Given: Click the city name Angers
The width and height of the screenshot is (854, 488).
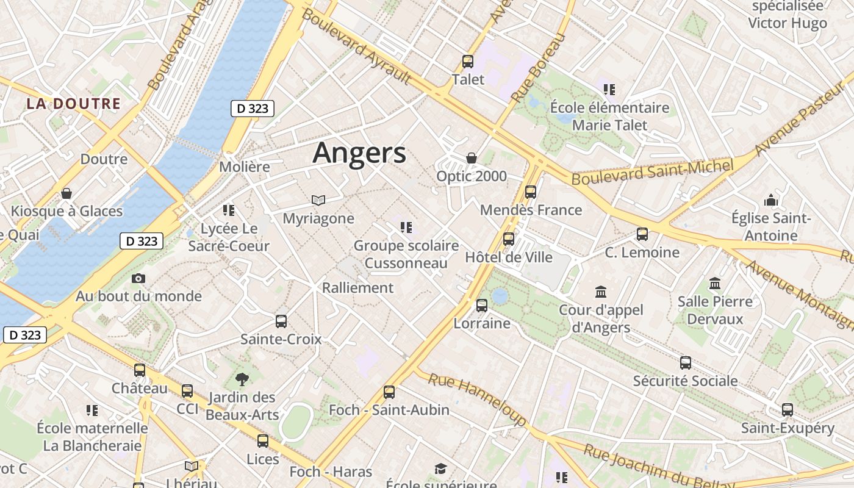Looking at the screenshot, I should pos(359,152).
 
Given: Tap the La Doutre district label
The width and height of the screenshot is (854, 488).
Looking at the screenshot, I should pos(73,103).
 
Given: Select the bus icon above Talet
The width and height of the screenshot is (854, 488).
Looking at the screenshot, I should pos(468,62).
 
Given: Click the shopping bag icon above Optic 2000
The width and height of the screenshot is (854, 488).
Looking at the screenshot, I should pos(472,158).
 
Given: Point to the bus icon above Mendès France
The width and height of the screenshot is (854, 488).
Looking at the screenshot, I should pos(531,192).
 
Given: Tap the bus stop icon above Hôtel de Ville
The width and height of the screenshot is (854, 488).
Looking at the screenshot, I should pos(509,239).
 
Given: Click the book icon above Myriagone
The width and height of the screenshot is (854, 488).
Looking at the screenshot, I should pos(318,200).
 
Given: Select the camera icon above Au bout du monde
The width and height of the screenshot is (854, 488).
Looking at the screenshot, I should pos(138,278).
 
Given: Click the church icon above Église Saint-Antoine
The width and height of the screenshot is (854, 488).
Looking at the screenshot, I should pos(771,200).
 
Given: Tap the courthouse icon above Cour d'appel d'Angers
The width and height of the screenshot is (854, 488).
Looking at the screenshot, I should pos(601,292).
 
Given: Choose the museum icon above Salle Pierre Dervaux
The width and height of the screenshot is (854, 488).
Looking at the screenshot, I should pos(715,284).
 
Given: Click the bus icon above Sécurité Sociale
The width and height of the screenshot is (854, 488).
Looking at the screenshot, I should pos(686,363).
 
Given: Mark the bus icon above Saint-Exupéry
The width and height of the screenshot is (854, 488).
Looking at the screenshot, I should pos(788,410).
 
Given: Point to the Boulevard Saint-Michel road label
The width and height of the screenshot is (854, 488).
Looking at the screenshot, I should pos(651,171).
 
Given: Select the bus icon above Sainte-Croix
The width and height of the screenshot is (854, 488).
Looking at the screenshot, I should pos(281,321).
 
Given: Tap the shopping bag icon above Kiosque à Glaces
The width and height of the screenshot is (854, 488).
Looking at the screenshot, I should pos(66,193).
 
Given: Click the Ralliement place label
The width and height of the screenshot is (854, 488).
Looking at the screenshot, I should pos(357,287).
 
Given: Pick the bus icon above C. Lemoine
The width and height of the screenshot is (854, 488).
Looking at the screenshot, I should pos(642,234).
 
